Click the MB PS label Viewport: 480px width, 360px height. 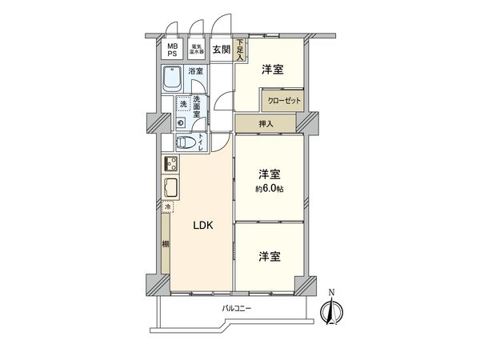[172, 50]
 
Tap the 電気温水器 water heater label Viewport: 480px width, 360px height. [196, 50]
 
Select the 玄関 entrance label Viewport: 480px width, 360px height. [222, 50]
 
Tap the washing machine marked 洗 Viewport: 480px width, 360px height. [183, 104]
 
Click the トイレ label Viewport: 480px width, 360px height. [201, 142]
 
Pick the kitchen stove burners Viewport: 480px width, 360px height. [170, 164]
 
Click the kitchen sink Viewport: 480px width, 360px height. [170, 190]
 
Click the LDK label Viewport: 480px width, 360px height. [202, 226]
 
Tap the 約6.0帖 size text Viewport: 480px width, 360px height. [270, 189]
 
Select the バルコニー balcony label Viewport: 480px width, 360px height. [237, 310]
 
